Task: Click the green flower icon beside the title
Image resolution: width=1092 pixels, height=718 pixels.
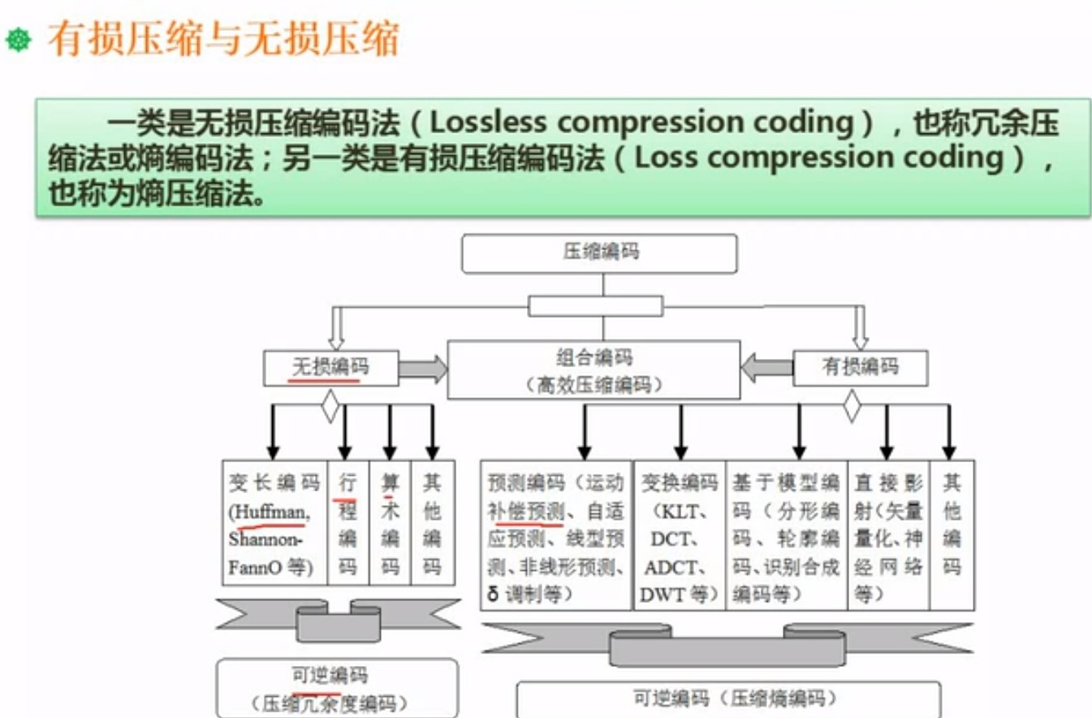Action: point(18,39)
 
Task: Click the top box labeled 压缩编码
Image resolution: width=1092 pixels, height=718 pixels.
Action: point(599,253)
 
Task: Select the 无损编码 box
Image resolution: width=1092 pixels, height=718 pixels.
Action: point(330,368)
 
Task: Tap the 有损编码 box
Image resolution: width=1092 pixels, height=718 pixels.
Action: point(859,367)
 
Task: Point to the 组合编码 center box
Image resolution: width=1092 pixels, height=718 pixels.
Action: point(593,370)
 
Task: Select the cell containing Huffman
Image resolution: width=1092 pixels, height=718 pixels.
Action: point(274,522)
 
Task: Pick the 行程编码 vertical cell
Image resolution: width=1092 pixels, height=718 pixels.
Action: point(347,522)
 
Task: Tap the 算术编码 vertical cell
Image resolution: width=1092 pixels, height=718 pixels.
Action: point(390,522)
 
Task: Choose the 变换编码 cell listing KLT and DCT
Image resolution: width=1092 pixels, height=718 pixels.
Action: point(679,535)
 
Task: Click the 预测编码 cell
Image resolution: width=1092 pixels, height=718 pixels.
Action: point(555,535)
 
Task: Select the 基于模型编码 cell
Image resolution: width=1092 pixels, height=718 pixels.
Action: point(785,535)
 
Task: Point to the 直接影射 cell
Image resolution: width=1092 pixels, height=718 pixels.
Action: point(887,535)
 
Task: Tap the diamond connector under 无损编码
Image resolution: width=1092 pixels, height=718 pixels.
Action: point(330,406)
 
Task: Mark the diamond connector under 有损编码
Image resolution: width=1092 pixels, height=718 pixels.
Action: point(851,405)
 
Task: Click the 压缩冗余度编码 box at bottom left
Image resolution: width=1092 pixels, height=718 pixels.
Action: point(336,689)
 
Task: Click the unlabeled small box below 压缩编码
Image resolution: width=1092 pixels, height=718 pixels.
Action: point(595,306)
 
